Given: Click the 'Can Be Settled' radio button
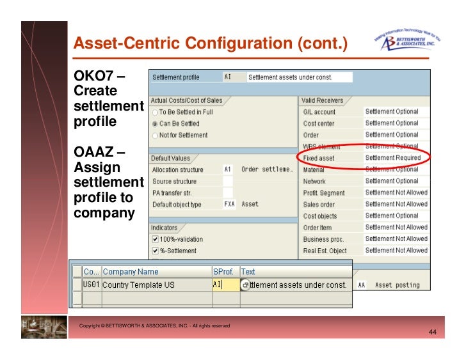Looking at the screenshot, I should click(155, 123).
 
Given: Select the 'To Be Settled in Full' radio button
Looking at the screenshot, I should click(155, 112).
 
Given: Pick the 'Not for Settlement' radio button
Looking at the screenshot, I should click(155, 135).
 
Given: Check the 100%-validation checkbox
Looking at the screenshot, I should click(155, 239).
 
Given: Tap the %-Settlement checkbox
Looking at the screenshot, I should click(155, 251).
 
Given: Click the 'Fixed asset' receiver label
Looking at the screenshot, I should click(318, 158).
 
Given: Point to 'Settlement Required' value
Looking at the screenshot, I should click(392, 158).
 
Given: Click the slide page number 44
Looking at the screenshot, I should click(432, 333).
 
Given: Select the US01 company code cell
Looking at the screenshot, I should click(92, 285).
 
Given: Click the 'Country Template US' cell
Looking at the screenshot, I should click(138, 285).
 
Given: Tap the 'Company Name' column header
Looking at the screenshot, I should click(131, 272).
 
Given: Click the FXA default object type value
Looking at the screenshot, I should click(229, 205).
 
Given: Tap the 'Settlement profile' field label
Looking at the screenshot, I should click(175, 77).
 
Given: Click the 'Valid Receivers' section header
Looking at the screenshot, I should click(323, 100).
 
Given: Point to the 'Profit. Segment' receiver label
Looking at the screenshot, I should click(323, 192).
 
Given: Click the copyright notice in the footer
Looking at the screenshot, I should click(154, 326).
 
